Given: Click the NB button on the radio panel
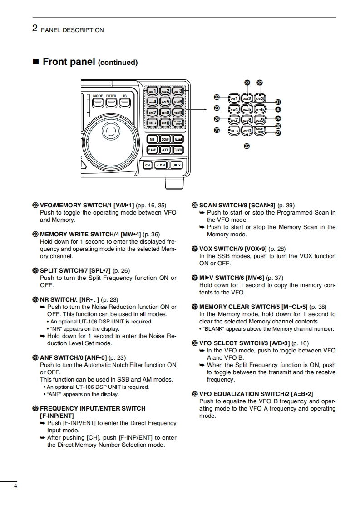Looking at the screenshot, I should tap(152, 139).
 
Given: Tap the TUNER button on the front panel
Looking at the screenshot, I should tap(178, 150).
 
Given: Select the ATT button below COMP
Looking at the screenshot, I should tap(165, 150).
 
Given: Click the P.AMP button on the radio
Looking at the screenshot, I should tap(152, 150).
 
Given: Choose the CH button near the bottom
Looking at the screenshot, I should tap(148, 165).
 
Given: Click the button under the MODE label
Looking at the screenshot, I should tap(98, 103).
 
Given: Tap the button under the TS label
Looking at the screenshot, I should tap(124, 103).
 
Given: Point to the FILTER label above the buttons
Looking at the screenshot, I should tap(111, 96).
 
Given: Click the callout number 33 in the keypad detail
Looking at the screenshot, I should tap(247, 83).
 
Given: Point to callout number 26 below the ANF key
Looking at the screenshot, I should tap(247, 146).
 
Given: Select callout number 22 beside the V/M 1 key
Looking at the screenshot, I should tap(217, 97).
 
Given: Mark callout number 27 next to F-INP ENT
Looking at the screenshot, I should tap(278, 133).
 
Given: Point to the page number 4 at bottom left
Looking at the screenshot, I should tap(15, 487).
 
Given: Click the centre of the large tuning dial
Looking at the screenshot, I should tap(109, 131).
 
